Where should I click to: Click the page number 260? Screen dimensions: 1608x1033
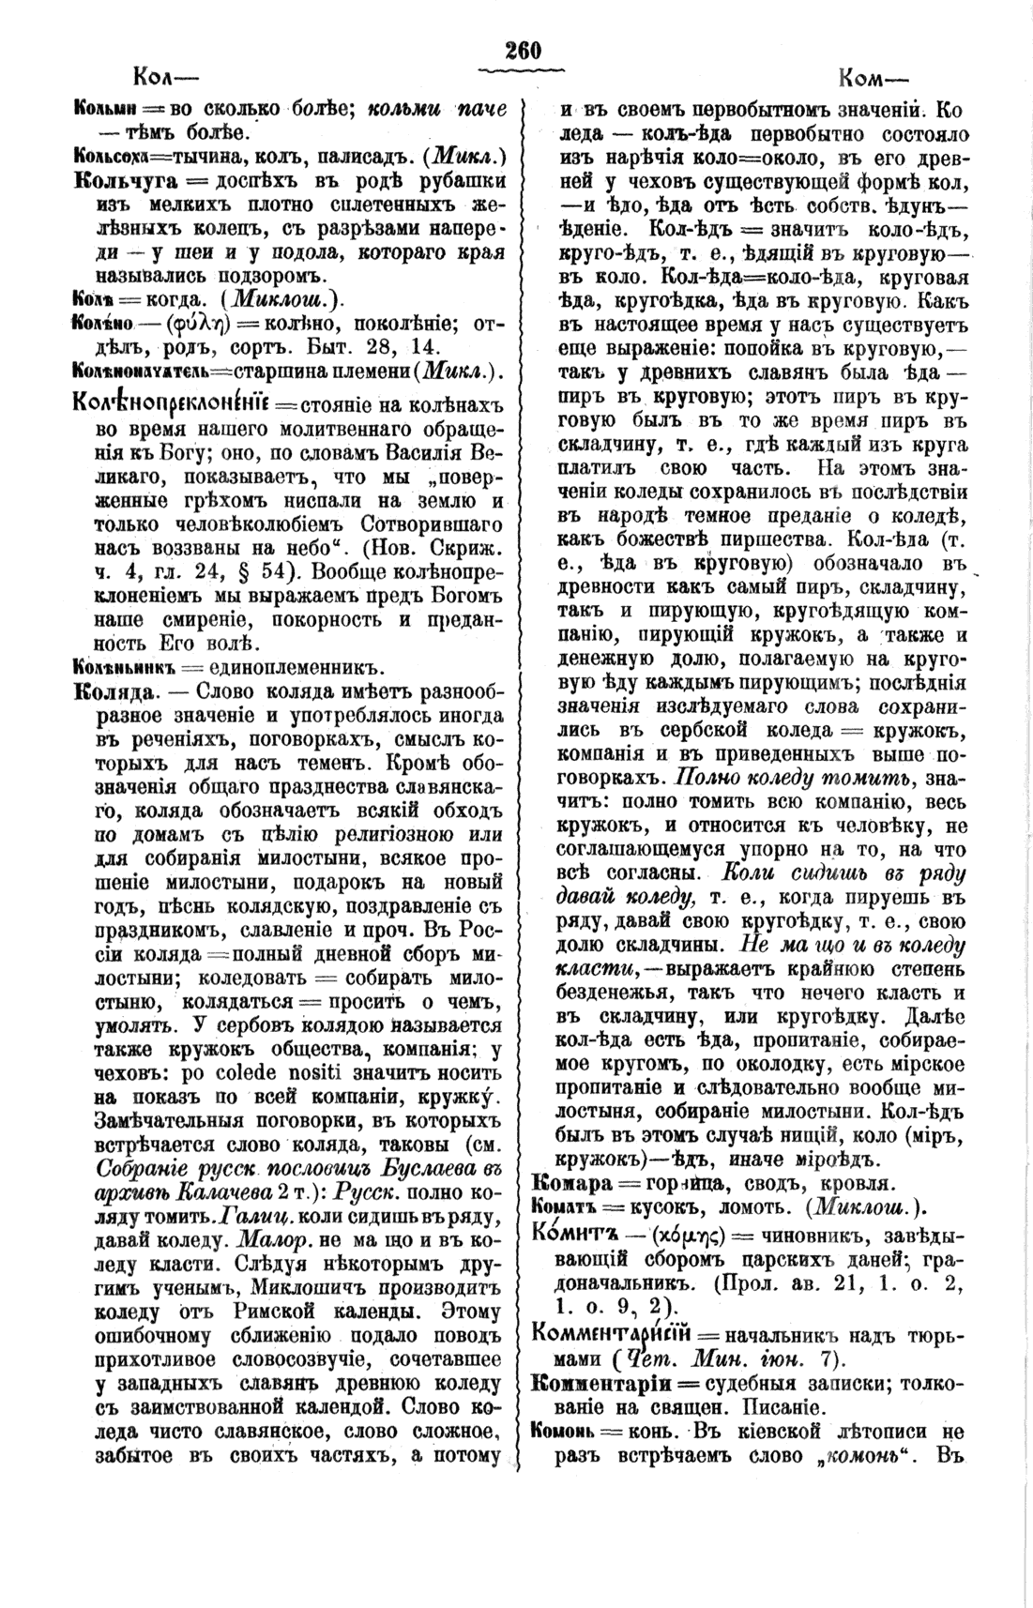(x=523, y=51)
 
